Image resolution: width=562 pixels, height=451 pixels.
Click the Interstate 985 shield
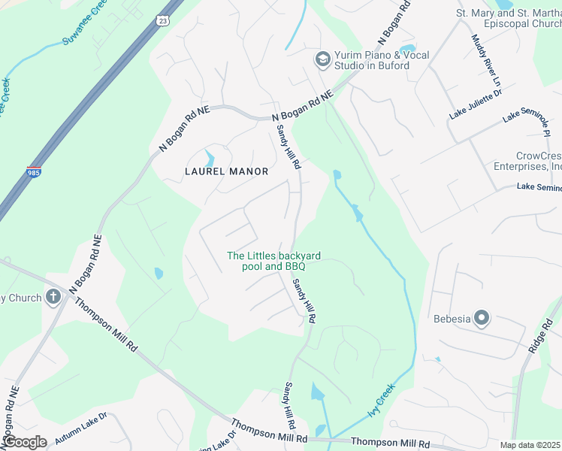[x=34, y=172]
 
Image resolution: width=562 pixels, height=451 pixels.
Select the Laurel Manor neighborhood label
[x=226, y=171]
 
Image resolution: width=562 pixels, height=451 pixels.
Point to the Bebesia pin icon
[x=482, y=319]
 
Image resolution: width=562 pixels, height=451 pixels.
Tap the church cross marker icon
[x=53, y=297]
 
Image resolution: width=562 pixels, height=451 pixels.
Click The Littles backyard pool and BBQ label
[x=264, y=261]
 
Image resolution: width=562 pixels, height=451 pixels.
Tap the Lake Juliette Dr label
[x=475, y=104]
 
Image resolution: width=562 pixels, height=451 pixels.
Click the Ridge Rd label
[x=545, y=334]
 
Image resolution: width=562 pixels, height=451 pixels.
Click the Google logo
[x=24, y=442]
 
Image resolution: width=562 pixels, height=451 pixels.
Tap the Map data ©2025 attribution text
[x=530, y=445]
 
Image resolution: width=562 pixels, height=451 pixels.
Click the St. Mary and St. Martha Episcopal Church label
[x=509, y=18]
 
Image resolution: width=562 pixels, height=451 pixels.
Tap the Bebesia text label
[x=452, y=319]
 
